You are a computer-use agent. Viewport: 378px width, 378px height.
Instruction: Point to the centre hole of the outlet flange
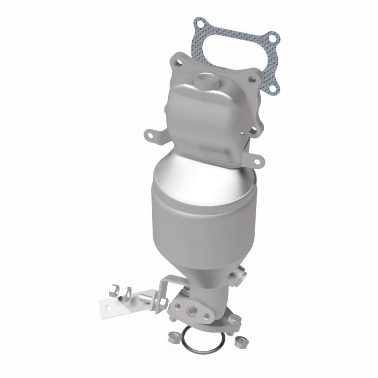[194, 310]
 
